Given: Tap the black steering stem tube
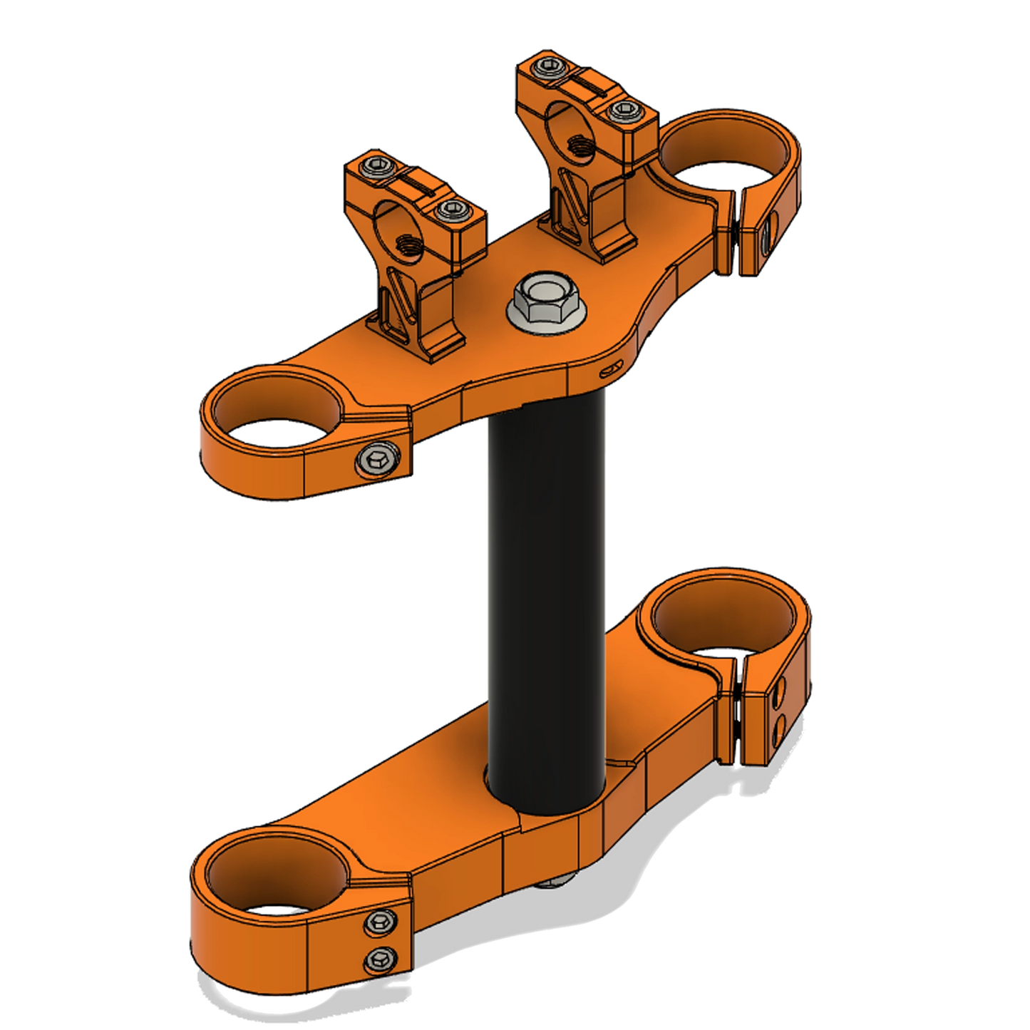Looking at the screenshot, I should [547, 570].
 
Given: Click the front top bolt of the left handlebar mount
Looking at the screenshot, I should [449, 209].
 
